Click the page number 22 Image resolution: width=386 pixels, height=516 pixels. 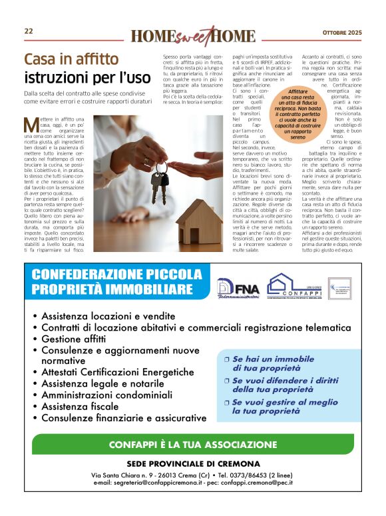pos(29,31)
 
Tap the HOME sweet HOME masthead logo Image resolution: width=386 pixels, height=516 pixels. pos(192,35)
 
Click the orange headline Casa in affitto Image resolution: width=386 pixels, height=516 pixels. pos(71,59)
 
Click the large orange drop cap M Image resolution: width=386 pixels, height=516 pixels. pos(30,125)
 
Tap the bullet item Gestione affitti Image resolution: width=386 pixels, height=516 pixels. pos(74,339)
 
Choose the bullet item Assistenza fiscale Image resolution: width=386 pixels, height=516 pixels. pos(79,407)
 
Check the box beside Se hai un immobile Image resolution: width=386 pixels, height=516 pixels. pos(226,359)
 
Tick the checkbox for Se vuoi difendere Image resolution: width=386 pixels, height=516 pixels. pos(226,381)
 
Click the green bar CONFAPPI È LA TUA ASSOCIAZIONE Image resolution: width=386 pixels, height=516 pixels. pos(193,445)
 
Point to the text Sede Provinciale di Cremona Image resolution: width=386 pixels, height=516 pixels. pos(193,463)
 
